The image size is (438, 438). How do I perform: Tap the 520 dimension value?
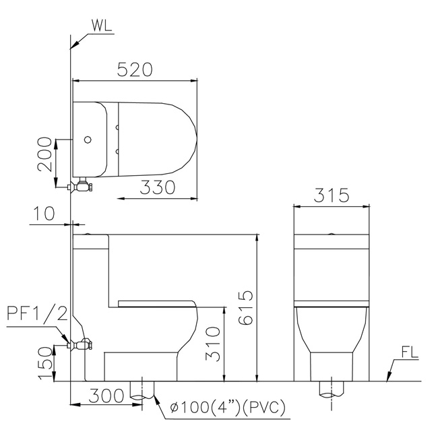coord(135,69)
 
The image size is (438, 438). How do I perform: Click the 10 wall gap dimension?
coord(44,214)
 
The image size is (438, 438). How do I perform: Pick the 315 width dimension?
coord(332,195)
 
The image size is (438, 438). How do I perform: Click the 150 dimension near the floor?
coord(44,363)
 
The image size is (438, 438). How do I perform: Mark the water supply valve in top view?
coord(83,185)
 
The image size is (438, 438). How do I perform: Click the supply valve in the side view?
coord(83,345)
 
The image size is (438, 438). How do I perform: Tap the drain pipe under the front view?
coord(331,389)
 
